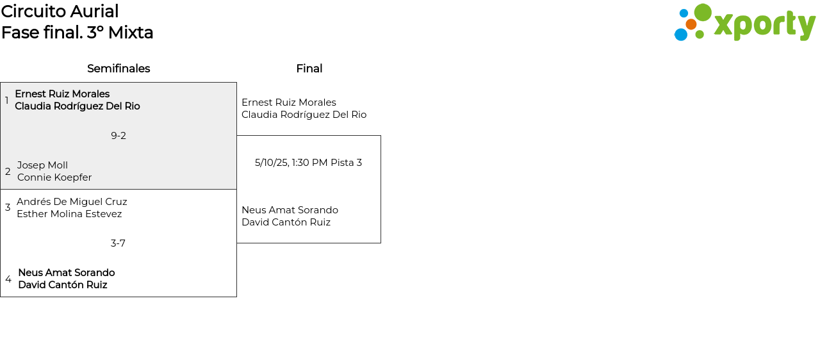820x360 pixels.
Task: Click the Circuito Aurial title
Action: point(60,12)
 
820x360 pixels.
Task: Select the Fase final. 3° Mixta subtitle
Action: point(77,33)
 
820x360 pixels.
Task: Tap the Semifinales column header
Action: point(119,69)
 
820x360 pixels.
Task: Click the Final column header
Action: point(309,69)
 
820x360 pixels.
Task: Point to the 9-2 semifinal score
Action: point(119,136)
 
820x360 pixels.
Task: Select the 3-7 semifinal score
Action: point(118,243)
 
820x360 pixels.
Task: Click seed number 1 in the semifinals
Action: point(7,101)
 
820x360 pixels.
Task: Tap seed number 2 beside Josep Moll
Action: point(8,172)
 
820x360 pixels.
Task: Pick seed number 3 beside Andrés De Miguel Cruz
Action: point(8,208)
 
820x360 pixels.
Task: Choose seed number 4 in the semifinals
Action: point(8,279)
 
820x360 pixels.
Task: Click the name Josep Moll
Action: point(42,165)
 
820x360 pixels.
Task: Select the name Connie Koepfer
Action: point(54,177)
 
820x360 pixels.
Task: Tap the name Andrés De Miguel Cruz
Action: point(72,202)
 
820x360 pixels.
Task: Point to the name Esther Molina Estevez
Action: point(69,214)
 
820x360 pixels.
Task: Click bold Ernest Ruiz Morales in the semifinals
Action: point(62,94)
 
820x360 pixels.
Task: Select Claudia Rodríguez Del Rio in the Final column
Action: point(304,115)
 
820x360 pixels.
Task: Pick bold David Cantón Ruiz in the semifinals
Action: point(62,285)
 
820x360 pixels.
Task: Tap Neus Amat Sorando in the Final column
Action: point(290,210)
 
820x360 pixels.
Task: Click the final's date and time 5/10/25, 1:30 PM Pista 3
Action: point(308,163)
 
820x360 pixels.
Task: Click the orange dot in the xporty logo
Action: point(691,24)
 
